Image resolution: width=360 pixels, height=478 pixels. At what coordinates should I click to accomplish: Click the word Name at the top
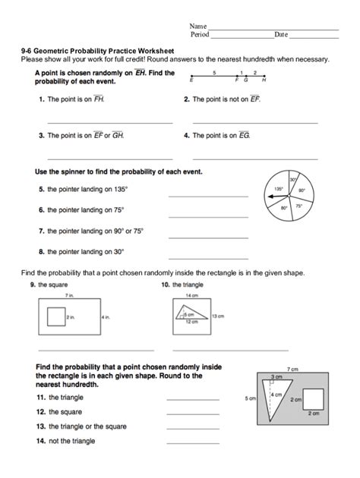(197, 26)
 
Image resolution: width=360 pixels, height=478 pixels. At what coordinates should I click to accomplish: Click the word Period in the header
(200, 35)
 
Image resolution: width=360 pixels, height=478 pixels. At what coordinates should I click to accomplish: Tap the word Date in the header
(281, 35)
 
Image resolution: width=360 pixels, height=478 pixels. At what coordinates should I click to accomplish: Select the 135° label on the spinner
(279, 189)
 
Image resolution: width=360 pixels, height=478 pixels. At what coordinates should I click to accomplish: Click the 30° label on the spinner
(292, 180)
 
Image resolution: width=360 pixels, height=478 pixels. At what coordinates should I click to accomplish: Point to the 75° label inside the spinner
(299, 206)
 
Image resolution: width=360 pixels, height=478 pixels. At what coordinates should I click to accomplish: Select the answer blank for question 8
(207, 259)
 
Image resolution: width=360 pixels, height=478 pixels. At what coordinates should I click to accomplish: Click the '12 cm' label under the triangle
(194, 322)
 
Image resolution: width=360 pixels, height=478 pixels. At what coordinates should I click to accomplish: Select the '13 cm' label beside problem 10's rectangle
(217, 316)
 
